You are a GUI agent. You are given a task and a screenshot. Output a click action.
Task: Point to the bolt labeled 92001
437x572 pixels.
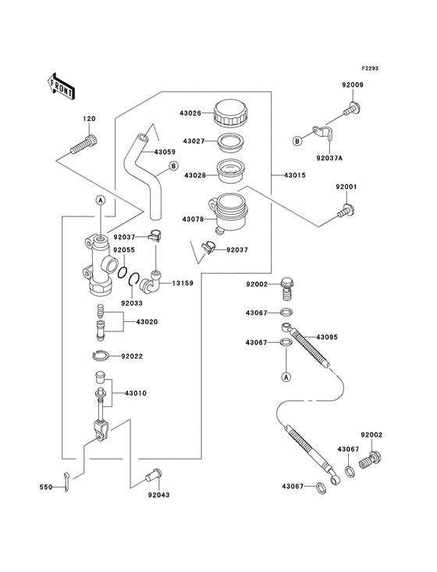(344, 209)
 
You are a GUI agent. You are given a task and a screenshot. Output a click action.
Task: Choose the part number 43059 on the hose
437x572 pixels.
(165, 152)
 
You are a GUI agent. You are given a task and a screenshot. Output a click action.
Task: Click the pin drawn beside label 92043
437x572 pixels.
(151, 474)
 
